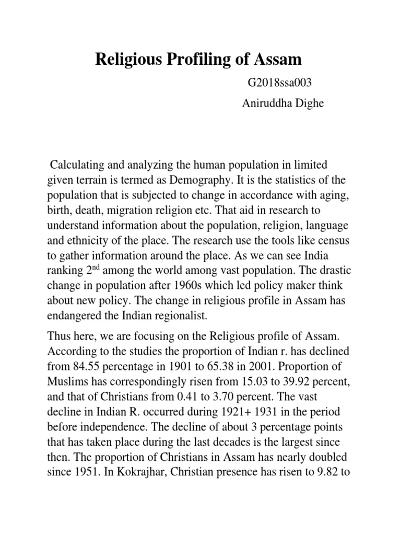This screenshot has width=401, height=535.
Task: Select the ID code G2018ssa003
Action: tap(270, 83)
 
